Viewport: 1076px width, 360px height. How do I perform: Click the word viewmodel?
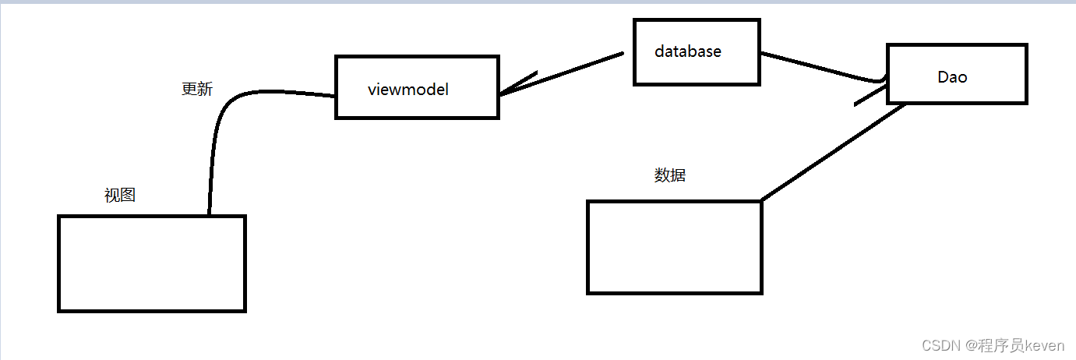(x=407, y=89)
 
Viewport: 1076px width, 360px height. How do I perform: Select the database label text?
(x=687, y=51)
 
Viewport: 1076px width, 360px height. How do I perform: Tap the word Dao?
(x=952, y=76)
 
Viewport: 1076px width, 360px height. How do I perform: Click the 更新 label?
(x=196, y=89)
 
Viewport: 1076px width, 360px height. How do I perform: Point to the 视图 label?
(x=120, y=195)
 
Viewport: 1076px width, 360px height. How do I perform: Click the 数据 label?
(x=670, y=175)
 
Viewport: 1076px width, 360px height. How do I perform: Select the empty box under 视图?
(x=152, y=263)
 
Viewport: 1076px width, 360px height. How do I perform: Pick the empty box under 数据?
(x=674, y=247)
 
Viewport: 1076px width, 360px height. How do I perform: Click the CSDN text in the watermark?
(x=937, y=344)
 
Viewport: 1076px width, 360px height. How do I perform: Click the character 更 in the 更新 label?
(x=189, y=89)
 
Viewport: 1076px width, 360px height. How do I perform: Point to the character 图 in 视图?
(x=128, y=195)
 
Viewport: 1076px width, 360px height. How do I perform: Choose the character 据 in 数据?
(x=678, y=175)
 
